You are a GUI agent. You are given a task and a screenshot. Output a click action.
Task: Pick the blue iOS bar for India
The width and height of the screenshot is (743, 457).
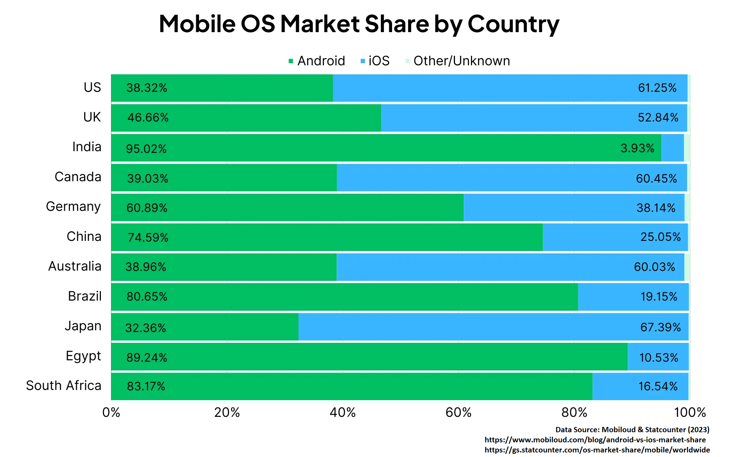(x=672, y=148)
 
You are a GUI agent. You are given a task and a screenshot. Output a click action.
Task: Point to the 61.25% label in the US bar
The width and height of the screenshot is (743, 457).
(x=657, y=88)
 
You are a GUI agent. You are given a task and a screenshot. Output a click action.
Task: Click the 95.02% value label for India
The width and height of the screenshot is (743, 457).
(x=146, y=149)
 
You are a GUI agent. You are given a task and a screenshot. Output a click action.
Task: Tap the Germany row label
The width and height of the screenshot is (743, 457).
(x=73, y=207)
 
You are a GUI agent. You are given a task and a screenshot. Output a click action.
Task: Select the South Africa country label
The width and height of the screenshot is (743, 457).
(x=64, y=386)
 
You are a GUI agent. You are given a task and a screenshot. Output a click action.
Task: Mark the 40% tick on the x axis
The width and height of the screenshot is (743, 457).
(x=343, y=413)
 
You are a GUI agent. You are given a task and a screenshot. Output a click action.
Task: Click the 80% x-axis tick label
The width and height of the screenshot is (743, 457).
(x=574, y=413)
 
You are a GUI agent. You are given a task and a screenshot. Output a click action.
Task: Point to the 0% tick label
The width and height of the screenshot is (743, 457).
(x=111, y=413)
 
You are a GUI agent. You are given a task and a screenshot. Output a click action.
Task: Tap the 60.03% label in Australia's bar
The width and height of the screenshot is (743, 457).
(x=654, y=267)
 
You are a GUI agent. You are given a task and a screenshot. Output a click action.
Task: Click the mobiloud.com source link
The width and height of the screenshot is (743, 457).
(x=595, y=440)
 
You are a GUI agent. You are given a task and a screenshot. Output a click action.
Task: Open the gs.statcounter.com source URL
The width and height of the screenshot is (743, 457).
(x=597, y=450)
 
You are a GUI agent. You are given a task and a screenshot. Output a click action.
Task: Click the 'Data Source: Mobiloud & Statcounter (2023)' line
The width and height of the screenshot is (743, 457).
(x=632, y=430)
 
